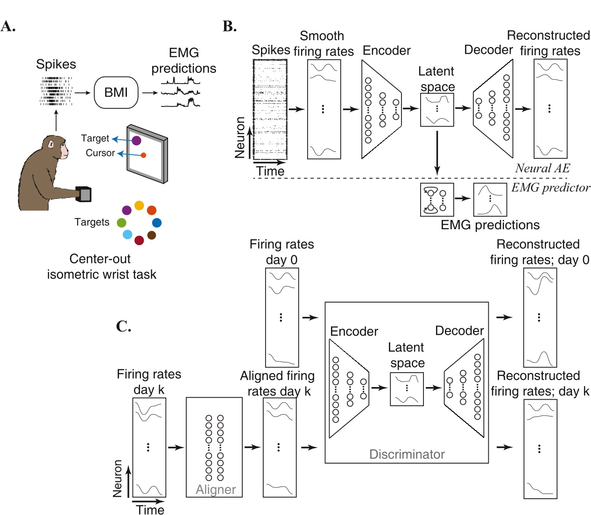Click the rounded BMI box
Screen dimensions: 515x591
(116, 92)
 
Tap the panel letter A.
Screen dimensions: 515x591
(8, 26)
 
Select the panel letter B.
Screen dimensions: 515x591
(229, 26)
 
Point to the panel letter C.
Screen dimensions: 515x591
(123, 326)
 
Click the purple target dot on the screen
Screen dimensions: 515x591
(136, 140)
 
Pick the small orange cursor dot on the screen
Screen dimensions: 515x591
(143, 155)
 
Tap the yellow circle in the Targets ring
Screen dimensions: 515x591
(139, 205)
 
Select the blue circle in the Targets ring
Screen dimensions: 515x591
(157, 223)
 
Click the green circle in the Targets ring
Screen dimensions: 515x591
(121, 223)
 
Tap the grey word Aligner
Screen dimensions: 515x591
(216, 489)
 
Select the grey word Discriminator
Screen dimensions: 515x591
(407, 454)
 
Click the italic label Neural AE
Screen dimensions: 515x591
(542, 168)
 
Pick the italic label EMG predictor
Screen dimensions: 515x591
(550, 188)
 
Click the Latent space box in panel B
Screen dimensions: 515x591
(437, 110)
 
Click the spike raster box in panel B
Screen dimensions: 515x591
(270, 110)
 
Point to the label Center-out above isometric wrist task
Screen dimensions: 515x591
(100, 259)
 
